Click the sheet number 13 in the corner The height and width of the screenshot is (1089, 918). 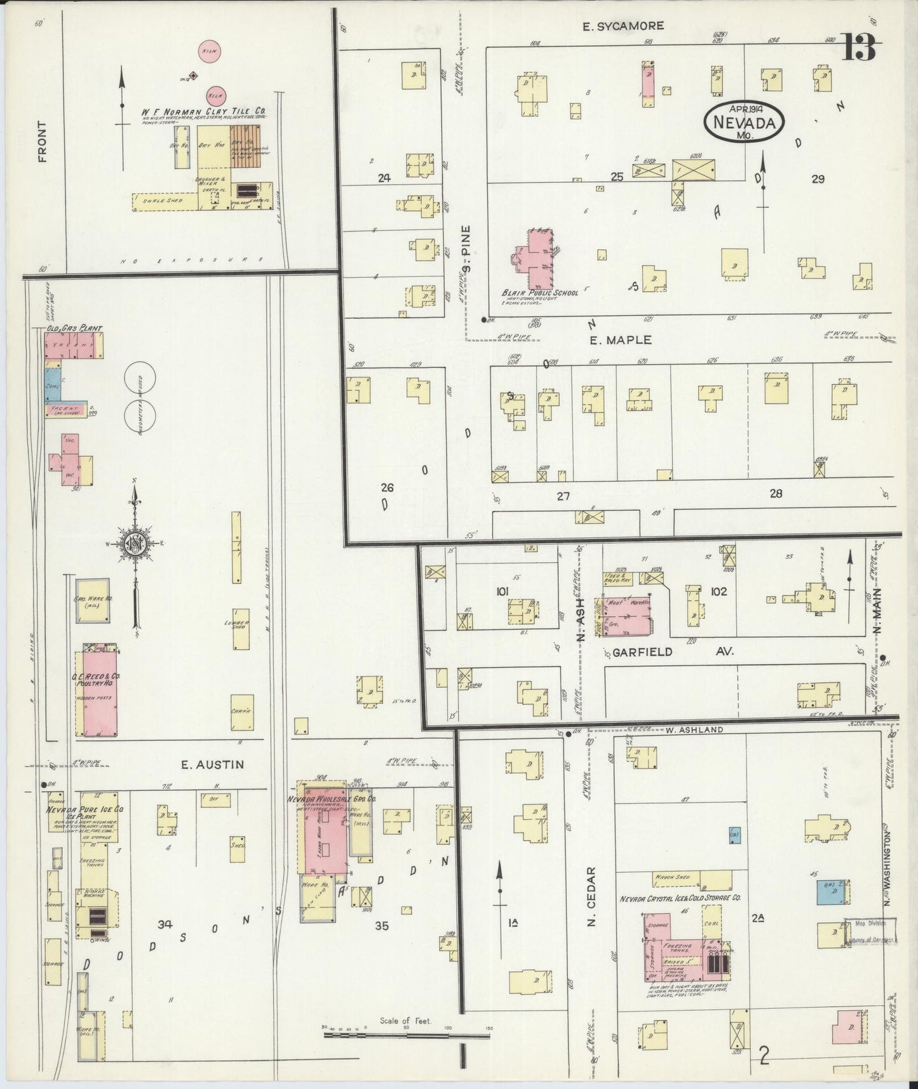pyautogui.click(x=859, y=46)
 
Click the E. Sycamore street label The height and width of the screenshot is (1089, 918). pyautogui.click(x=623, y=26)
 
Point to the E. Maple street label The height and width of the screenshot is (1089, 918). pyautogui.click(x=620, y=340)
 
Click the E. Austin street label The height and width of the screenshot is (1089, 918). pyautogui.click(x=212, y=765)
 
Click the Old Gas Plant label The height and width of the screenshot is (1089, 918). pyautogui.click(x=74, y=328)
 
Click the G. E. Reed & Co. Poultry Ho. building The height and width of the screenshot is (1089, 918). pyautogui.click(x=97, y=693)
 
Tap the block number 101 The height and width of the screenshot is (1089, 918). pyautogui.click(x=504, y=592)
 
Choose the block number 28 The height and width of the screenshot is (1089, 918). pyautogui.click(x=775, y=493)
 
